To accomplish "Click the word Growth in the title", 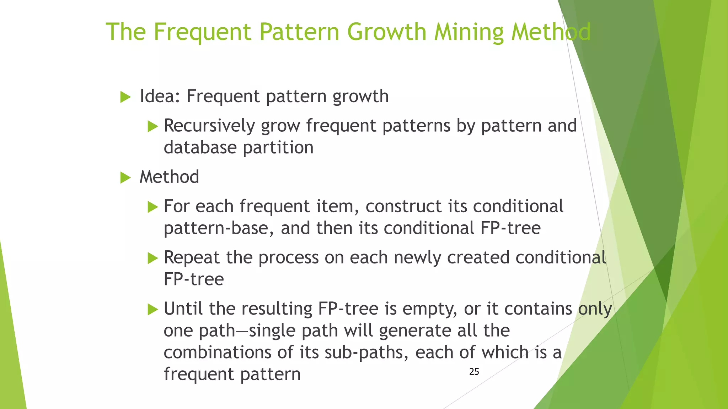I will (x=386, y=32).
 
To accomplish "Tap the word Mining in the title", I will (x=469, y=32).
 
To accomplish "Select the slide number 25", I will (x=474, y=372).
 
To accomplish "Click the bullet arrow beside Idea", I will (x=125, y=97).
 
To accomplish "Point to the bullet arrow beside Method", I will (x=125, y=178).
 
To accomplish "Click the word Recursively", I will (x=209, y=126).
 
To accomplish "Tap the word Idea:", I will (x=160, y=96).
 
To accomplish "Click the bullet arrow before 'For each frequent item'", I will (x=152, y=207).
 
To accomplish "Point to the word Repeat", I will (x=192, y=257).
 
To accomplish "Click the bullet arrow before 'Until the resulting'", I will (x=152, y=309).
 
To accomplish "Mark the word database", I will (x=200, y=148).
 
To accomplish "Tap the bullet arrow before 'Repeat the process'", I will (x=152, y=258).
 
